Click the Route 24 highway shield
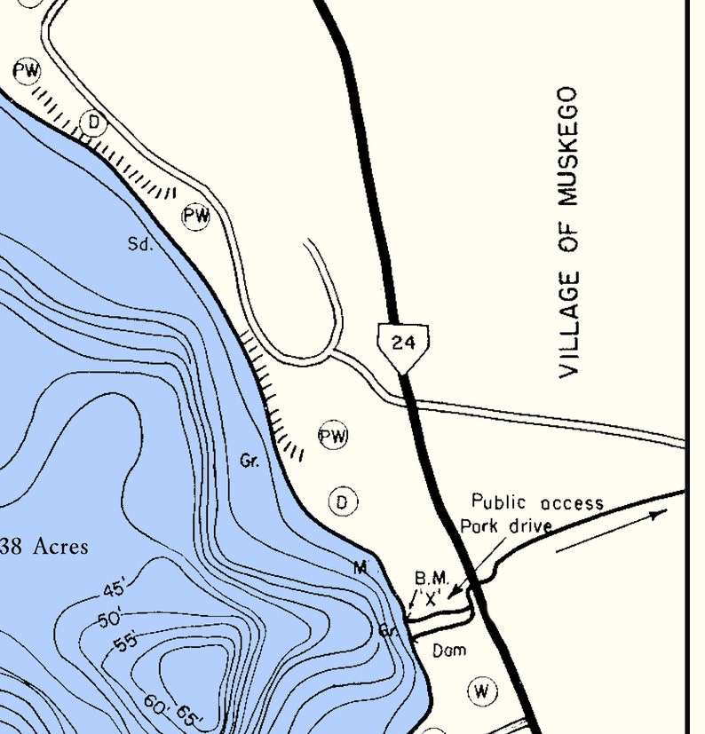(x=403, y=342)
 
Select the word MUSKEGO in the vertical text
(x=569, y=146)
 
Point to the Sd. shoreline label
(x=140, y=244)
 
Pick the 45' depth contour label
(x=115, y=588)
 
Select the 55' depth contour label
(x=127, y=642)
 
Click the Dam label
(x=448, y=651)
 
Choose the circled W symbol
(x=481, y=691)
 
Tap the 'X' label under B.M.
(x=432, y=599)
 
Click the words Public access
(x=537, y=503)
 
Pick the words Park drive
(x=505, y=525)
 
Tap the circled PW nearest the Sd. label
(x=196, y=216)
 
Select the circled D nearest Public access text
(x=343, y=502)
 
